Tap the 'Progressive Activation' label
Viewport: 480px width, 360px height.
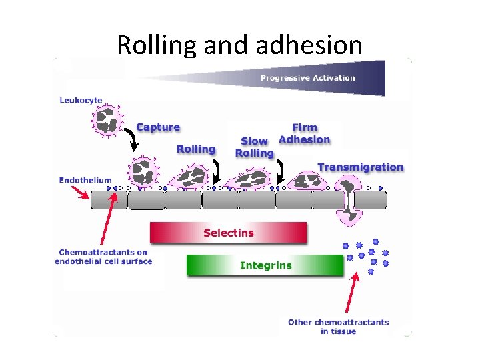pos(307,78)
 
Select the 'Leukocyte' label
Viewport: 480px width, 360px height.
pos(81,101)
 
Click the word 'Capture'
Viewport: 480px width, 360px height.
pos(158,127)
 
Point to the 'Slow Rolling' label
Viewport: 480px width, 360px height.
pos(255,147)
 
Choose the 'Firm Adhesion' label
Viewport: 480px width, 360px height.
pos(305,133)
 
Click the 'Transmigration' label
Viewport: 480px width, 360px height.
pos(361,167)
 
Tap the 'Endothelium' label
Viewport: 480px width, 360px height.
pos(85,179)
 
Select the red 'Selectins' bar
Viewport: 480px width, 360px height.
pos(228,233)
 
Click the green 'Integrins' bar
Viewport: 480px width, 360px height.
pos(265,265)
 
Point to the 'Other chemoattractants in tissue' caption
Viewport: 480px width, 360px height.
pos(338,326)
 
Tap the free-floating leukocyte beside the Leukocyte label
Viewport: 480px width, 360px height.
pos(107,120)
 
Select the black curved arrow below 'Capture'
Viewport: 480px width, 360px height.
pos(133,139)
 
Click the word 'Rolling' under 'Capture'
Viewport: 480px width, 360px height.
pos(196,149)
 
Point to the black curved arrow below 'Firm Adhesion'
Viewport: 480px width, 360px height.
pos(281,173)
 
